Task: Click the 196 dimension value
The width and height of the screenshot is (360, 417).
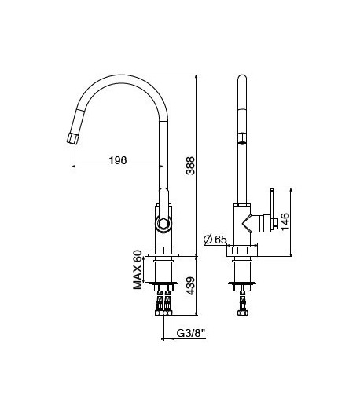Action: tap(116, 160)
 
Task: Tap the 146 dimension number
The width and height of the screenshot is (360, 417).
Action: tap(285, 222)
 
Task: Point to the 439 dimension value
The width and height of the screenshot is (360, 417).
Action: tap(189, 285)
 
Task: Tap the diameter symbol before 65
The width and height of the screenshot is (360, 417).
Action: tap(208, 240)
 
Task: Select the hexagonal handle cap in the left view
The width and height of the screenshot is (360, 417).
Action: tap(163, 224)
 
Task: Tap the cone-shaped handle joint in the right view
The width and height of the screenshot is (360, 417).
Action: tap(253, 225)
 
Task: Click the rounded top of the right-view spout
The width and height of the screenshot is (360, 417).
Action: tap(243, 80)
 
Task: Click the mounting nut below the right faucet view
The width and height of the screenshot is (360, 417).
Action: tap(243, 272)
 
